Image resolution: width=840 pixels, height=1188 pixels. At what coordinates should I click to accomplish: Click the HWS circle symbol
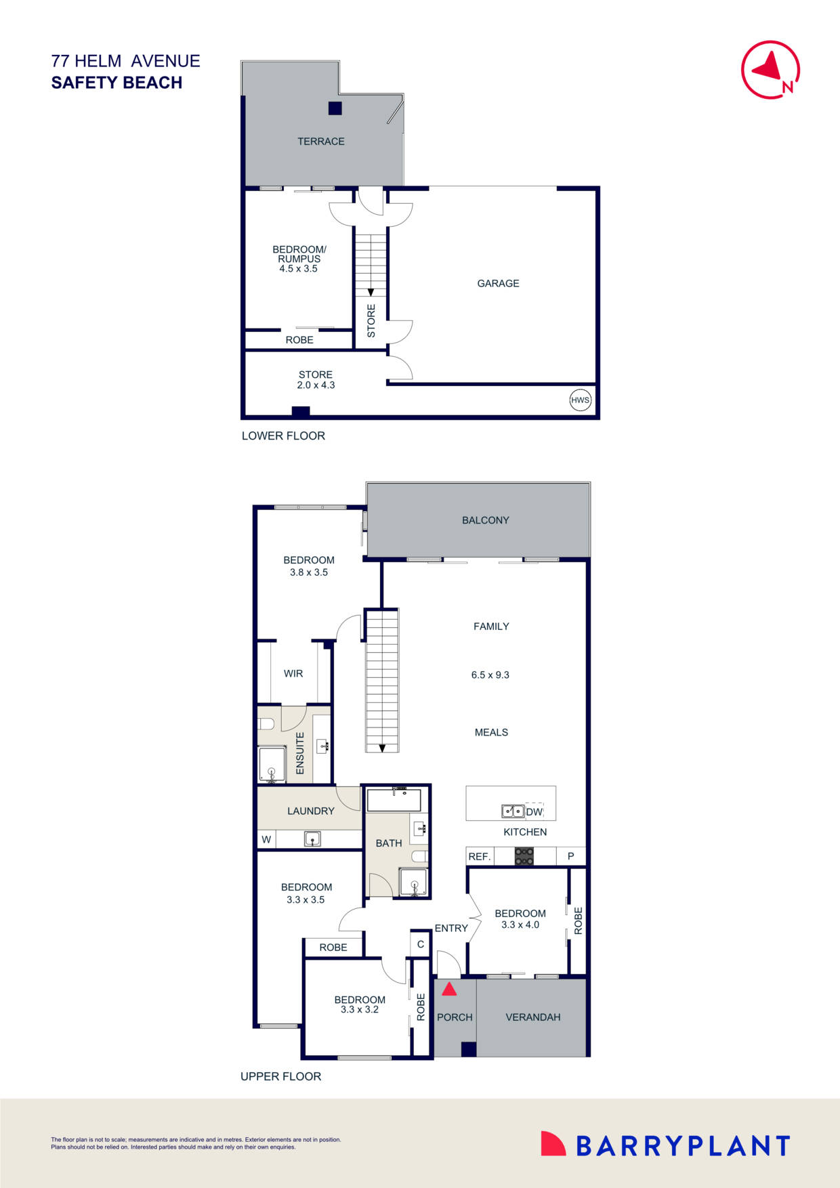pos(580,400)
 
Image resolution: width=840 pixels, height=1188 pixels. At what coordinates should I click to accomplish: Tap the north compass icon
pos(770,70)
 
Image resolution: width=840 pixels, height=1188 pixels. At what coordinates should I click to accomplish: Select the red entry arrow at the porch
pos(449,990)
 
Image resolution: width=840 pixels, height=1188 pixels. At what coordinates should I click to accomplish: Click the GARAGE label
pos(498,284)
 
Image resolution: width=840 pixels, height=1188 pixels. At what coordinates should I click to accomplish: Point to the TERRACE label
pos(321,142)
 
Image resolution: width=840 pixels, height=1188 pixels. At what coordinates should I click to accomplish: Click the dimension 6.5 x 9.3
pos(490,675)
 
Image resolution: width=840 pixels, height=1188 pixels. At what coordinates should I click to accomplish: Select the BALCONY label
pos(485,520)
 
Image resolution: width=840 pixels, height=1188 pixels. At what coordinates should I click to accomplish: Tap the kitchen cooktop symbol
pos(524,856)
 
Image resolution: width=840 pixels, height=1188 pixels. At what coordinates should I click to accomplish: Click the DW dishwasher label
pos(534,811)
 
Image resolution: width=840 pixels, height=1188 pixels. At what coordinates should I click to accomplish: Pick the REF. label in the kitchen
pos(479,857)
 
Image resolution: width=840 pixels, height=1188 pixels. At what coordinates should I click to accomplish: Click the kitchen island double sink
pos(512,811)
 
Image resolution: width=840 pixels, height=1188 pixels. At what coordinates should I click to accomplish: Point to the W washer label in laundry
pos(266,840)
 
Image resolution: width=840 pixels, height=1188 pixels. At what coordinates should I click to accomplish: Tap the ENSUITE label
pos(300,753)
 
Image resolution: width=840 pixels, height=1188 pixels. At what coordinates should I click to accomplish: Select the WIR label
pos(293,674)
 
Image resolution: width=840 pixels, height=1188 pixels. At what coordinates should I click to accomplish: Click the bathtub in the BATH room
pos(394,801)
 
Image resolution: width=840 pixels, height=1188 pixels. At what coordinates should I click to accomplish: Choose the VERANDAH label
pos(533,1017)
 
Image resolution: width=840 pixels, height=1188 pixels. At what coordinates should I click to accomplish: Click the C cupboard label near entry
pos(421,944)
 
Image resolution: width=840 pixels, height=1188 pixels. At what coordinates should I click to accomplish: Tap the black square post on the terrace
pos(335,108)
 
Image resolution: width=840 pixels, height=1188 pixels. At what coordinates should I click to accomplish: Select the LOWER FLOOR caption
pos(283,436)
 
